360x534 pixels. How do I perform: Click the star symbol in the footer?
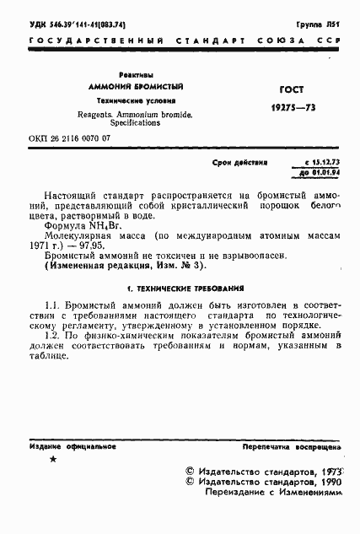[x=53, y=459]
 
